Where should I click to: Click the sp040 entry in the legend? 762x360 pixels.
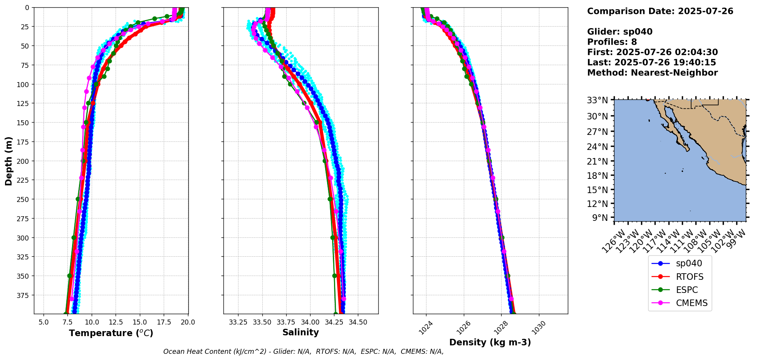pos(689,264)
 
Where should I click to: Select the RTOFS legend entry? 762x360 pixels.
pos(690,277)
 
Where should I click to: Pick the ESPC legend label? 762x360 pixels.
pos(686,290)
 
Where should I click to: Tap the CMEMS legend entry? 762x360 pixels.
pos(692,303)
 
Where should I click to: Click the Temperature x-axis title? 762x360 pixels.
pos(111,333)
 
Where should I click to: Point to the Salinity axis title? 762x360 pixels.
pos(300,333)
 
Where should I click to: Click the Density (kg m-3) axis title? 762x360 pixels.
pos(490,342)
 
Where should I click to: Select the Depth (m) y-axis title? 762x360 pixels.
pos(8,161)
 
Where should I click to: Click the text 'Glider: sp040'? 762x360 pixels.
pos(619,32)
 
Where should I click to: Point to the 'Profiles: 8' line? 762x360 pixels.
pos(612,42)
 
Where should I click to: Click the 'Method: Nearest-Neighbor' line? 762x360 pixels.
pos(652,73)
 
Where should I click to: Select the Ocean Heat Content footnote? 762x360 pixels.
pos(303,352)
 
